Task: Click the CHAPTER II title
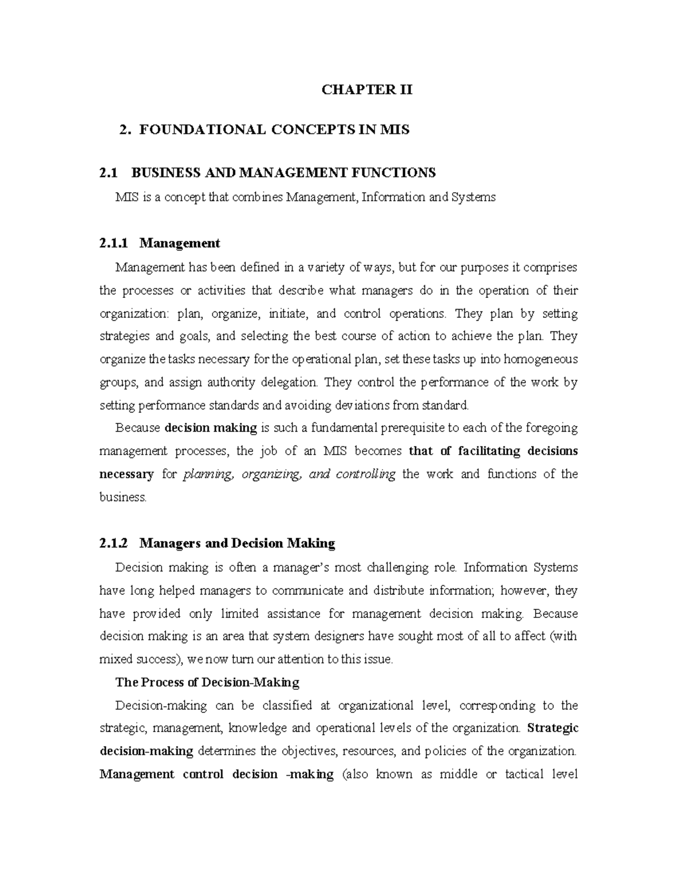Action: [x=367, y=90]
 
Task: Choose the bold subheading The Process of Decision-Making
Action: [x=207, y=682]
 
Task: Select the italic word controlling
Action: [x=365, y=474]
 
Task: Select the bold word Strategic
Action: [x=552, y=728]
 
